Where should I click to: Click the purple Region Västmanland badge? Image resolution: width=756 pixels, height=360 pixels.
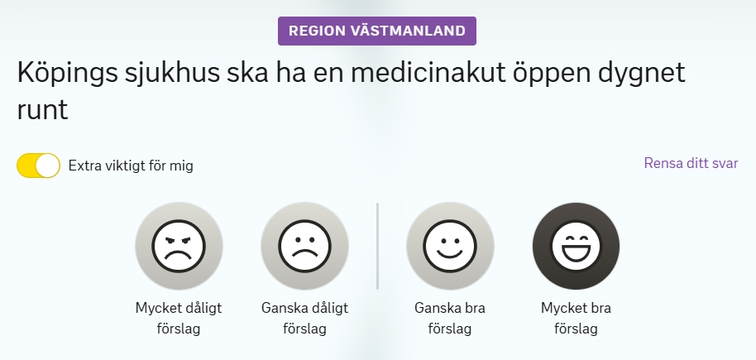[x=377, y=31]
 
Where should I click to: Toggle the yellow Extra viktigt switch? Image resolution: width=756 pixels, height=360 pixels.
[x=39, y=166]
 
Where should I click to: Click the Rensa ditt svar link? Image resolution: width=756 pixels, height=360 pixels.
[x=691, y=163]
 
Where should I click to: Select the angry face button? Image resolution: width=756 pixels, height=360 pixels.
[x=179, y=246]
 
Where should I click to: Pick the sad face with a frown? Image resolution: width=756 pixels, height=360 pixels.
[x=304, y=246]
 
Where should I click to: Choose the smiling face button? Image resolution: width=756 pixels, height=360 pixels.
[x=450, y=246]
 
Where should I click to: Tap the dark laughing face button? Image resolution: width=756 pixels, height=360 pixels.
[x=577, y=246]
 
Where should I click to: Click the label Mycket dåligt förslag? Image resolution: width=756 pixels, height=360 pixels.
[x=179, y=319]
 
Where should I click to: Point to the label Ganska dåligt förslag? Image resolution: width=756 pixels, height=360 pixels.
[x=304, y=319]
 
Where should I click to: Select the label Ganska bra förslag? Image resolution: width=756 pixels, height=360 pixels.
[x=450, y=319]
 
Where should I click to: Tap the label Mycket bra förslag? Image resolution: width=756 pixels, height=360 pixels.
[x=577, y=319]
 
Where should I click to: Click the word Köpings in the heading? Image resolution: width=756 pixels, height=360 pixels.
[x=68, y=74]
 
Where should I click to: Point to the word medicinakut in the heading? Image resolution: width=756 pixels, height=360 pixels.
[x=428, y=72]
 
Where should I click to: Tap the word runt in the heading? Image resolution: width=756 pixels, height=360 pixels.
[x=42, y=110]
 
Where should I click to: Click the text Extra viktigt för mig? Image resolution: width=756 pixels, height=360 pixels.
[x=131, y=166]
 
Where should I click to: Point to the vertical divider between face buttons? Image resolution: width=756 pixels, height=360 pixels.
[x=377, y=246]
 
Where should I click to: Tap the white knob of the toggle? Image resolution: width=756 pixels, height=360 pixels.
[x=48, y=166]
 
